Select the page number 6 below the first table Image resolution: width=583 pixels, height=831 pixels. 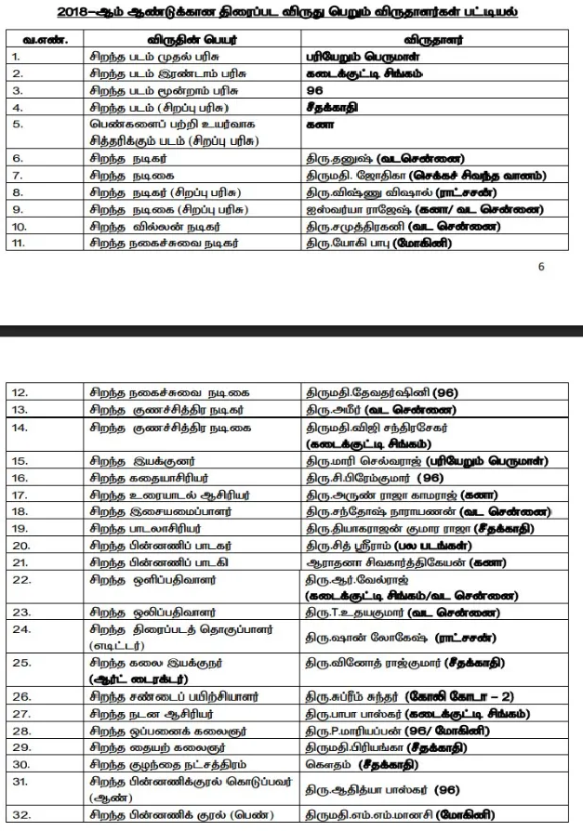click(x=541, y=266)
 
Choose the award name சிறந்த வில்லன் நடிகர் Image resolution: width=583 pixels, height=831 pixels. click(x=150, y=226)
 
